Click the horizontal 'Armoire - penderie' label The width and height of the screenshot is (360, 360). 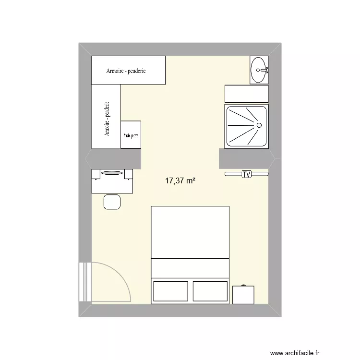click(x=126, y=71)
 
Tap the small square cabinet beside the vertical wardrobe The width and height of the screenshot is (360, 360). click(x=131, y=135)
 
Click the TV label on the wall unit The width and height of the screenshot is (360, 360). click(x=247, y=174)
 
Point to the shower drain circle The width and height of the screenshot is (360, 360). click(x=259, y=125)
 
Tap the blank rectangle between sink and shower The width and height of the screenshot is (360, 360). click(x=246, y=94)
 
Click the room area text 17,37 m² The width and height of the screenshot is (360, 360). click(x=180, y=181)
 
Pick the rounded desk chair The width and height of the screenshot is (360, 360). click(x=112, y=202)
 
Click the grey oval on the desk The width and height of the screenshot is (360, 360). click(x=112, y=173)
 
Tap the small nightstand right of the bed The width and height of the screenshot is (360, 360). click(x=243, y=295)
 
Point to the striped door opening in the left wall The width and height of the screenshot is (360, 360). click(x=85, y=282)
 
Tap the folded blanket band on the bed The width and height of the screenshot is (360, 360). click(x=190, y=267)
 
